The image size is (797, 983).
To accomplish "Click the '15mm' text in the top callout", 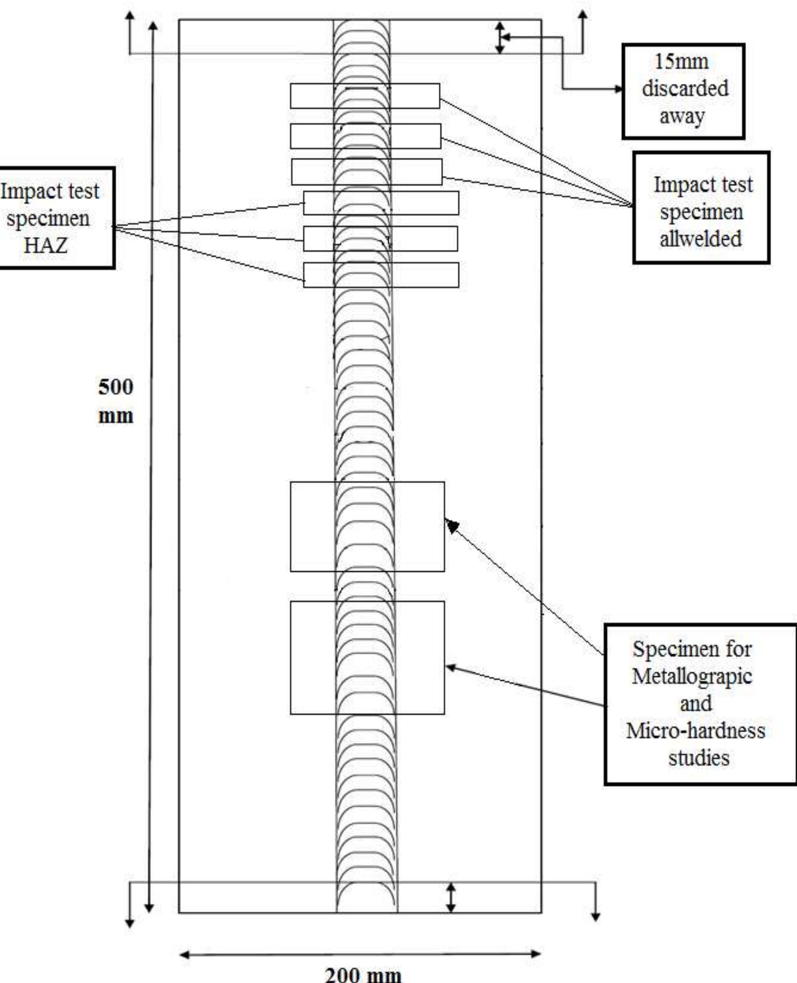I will click(681, 62).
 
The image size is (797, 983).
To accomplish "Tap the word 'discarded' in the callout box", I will click(685, 89).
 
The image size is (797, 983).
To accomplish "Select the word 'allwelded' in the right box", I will click(701, 239).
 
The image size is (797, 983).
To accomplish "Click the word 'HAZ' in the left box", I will click(46, 245).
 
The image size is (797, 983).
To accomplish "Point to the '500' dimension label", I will click(116, 387).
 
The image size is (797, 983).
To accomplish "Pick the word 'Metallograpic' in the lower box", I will click(692, 676).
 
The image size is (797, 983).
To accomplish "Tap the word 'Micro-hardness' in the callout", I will click(696, 730).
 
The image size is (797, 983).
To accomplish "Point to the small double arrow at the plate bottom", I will click(450, 897).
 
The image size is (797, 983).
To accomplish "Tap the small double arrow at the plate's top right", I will click(500, 38).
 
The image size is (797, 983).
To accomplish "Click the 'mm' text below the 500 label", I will click(116, 416).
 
